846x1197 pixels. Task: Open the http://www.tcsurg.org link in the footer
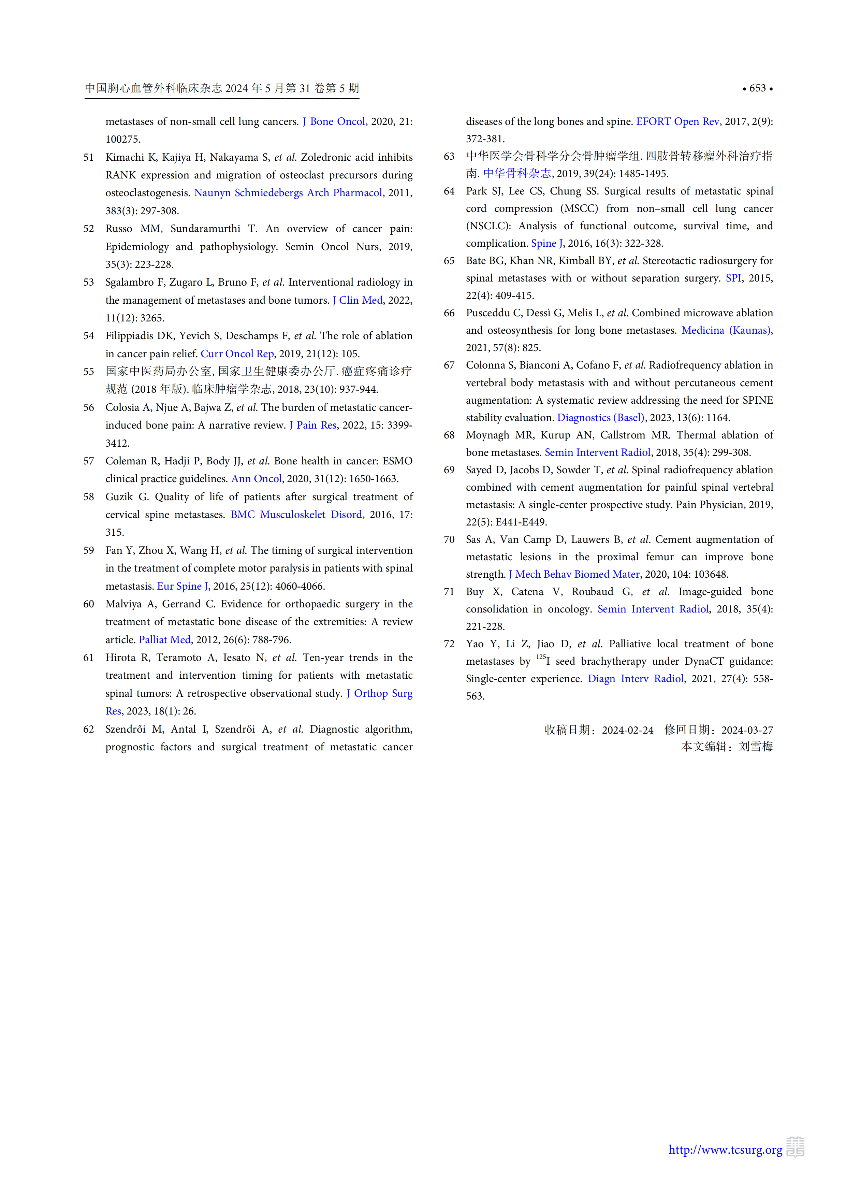[725, 1150]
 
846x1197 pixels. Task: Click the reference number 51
[89, 157]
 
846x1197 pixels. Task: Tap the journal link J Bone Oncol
[334, 121]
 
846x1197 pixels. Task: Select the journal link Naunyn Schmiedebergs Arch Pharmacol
[288, 193]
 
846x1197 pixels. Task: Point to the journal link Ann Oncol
[257, 479]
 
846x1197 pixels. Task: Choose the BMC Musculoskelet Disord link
[296, 515]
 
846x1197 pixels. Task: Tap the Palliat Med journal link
[165, 640]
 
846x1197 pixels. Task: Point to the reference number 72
[449, 644]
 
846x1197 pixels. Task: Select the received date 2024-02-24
[628, 730]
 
